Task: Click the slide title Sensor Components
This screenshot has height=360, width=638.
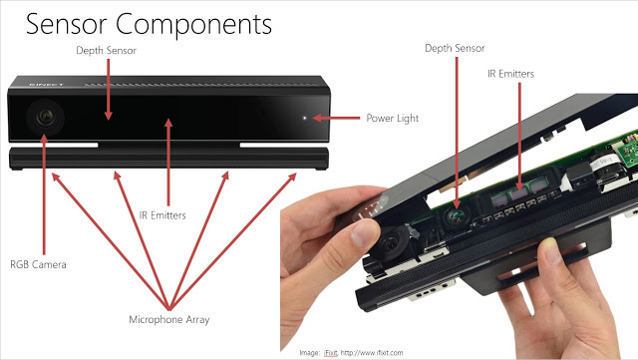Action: click(149, 25)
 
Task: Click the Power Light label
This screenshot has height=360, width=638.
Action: click(392, 119)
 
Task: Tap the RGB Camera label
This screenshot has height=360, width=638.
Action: click(38, 264)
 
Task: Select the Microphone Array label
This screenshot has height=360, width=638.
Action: click(169, 320)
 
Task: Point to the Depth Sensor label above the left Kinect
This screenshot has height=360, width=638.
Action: click(107, 51)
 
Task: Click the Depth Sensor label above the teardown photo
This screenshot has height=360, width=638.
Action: click(455, 48)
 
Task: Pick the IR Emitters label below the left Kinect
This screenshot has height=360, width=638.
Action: click(162, 215)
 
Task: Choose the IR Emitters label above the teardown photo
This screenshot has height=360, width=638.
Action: click(511, 74)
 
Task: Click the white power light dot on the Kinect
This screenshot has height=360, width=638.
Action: click(305, 118)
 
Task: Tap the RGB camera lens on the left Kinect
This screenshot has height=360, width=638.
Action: click(45, 118)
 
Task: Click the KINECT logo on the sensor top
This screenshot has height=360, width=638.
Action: click(47, 85)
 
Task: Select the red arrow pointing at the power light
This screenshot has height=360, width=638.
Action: click(337, 118)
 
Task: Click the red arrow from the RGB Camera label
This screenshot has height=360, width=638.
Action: click(44, 194)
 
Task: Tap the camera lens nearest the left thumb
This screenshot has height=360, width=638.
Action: click(392, 243)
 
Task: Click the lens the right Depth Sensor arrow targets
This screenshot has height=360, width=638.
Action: click(457, 216)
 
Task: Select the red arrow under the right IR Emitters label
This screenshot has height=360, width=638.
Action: click(519, 137)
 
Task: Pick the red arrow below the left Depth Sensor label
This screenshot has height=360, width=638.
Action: click(109, 90)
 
